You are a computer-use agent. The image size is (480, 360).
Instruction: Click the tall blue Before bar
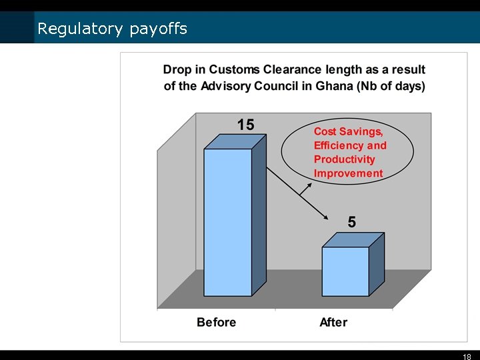[x=227, y=222]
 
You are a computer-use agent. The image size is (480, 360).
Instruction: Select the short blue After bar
[x=345, y=271]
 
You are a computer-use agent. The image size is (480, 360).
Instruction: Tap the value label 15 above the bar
[x=245, y=125]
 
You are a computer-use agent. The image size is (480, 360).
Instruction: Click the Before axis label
[x=216, y=323]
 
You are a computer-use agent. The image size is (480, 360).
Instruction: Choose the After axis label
[x=333, y=323]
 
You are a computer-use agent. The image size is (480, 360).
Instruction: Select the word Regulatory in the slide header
[x=80, y=29]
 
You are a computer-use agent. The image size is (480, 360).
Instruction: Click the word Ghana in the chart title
[x=336, y=86]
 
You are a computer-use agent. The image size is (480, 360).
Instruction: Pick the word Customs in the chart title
[x=234, y=69]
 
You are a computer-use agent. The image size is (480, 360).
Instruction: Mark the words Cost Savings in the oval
[x=349, y=131]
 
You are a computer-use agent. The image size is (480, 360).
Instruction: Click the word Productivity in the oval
[x=345, y=159]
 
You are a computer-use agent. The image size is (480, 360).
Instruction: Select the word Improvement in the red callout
[x=348, y=173]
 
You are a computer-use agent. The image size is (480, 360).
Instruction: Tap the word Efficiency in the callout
[x=339, y=145]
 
